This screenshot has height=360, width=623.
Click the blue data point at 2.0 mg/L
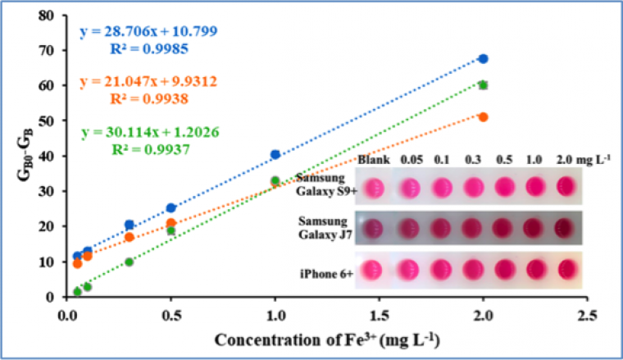(483, 59)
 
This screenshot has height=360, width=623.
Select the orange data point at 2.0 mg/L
(483, 117)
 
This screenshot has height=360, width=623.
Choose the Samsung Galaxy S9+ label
(325, 186)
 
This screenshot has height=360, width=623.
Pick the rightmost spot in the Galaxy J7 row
(566, 227)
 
